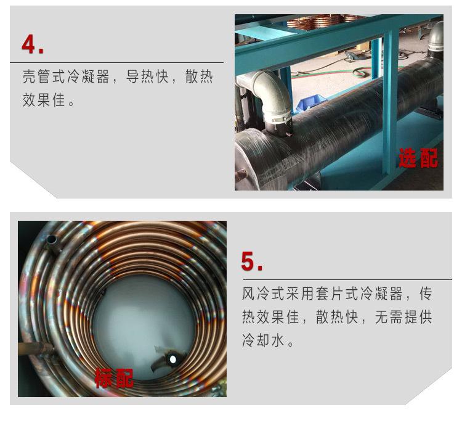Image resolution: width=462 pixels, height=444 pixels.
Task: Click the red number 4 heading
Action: click(33, 44)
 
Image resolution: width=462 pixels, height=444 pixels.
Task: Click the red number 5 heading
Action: click(252, 261)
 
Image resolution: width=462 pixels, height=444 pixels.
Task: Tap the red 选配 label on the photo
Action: click(418, 158)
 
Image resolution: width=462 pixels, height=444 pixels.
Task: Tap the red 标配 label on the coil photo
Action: click(114, 377)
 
